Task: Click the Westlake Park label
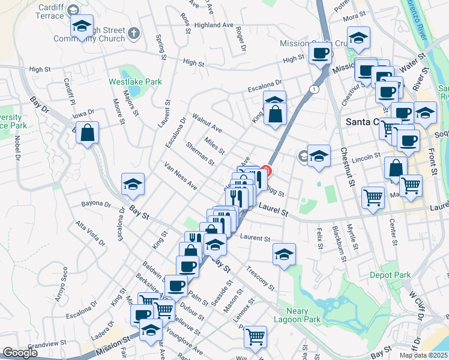pos(127,81)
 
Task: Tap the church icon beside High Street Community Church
pos(133,33)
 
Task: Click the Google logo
pos(20,353)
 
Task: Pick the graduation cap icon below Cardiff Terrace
pos(82,26)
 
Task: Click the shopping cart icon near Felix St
pos(373,197)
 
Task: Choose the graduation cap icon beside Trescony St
pos(284,254)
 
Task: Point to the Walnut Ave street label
pos(206,122)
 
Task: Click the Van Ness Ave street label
pos(180,176)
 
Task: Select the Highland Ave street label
pos(213,25)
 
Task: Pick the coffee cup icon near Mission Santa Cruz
pos(319,53)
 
